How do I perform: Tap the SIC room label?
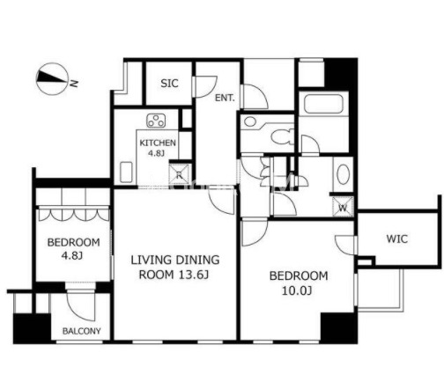coord(169,84)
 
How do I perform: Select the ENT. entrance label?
coord(225,98)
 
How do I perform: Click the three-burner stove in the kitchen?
coord(156,121)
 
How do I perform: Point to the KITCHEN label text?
coord(158,143)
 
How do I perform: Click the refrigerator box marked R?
coord(180,174)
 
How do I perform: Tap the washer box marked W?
coord(343,207)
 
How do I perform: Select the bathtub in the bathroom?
coord(323,104)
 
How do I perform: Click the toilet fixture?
coord(282,136)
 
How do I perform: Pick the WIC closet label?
coord(397,239)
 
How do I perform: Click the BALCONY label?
coord(82,331)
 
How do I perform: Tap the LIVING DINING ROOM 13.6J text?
coord(175,268)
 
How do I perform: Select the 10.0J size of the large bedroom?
coord(297,290)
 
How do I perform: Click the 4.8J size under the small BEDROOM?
coord(72,255)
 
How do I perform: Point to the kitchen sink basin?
coord(126,172)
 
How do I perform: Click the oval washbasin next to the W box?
coord(343,174)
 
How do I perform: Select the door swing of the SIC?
coord(205,86)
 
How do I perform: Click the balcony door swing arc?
coord(81,305)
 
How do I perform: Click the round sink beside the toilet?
coord(250,121)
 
